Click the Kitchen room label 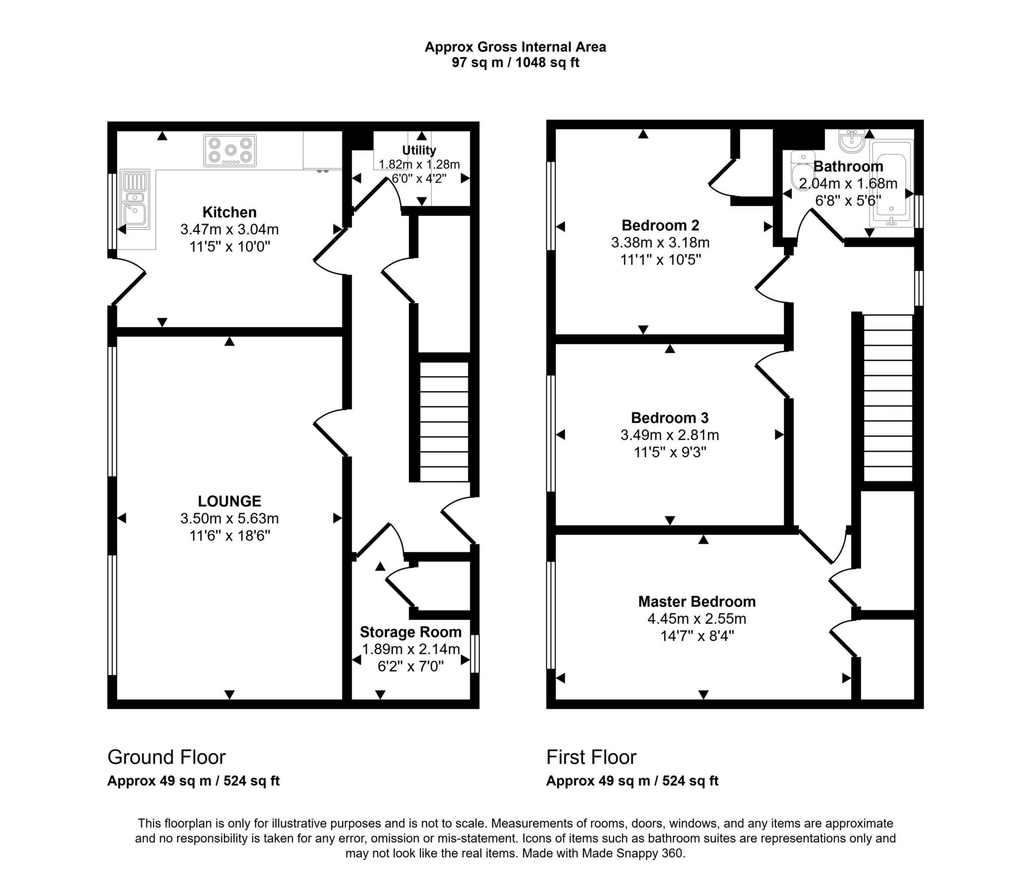(230, 212)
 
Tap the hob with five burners (230, 150)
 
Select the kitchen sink (135, 199)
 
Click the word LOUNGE (230, 501)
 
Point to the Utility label (419, 150)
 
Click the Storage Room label (411, 632)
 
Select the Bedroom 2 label (660, 225)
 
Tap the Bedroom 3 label (670, 418)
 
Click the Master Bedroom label (697, 602)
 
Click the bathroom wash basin (852, 140)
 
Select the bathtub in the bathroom (891, 182)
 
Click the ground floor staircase (444, 422)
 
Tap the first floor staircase (888, 398)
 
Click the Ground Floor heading (167, 757)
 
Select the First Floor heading (592, 757)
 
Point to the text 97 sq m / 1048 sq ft (515, 62)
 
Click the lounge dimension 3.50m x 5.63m (230, 518)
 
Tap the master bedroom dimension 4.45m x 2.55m (697, 619)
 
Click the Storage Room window (475, 654)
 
